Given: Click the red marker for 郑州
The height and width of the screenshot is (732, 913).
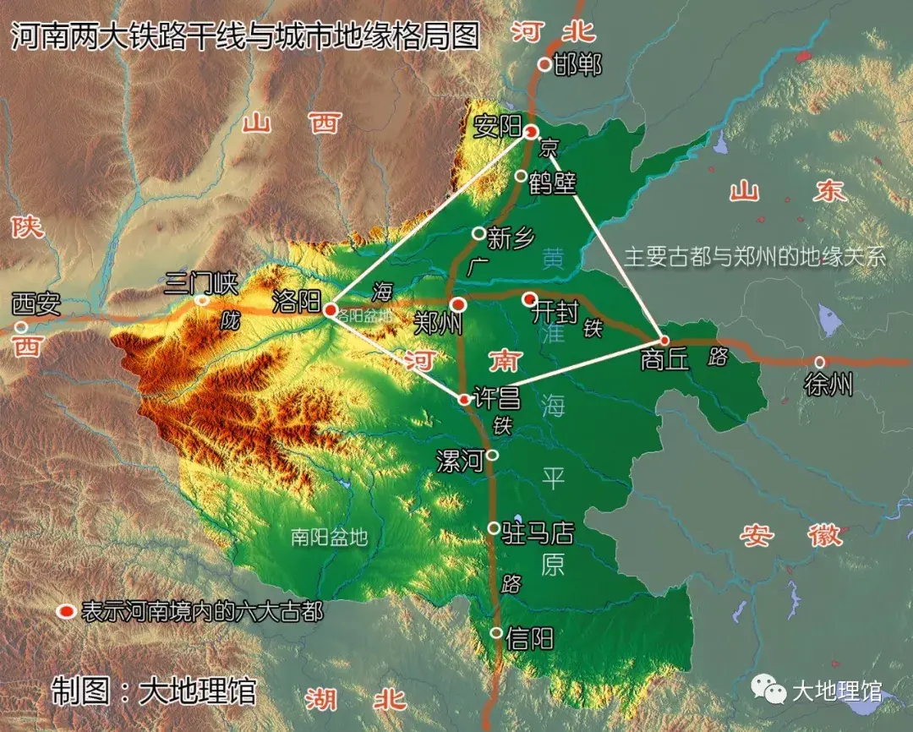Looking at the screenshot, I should pos(458,304).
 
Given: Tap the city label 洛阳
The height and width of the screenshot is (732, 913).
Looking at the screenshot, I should pos(294,302).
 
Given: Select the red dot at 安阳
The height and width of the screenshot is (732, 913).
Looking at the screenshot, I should pos(531,131).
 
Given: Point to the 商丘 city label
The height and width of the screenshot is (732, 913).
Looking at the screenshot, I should pos(665,361).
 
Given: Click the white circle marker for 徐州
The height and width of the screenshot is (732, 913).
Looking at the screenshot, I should pos(819,362).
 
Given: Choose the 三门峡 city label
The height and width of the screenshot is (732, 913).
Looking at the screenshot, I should pos(202,281).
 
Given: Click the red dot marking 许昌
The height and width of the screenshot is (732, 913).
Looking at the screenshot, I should pos(464,399).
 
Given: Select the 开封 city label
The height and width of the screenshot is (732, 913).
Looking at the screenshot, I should pos(555,314).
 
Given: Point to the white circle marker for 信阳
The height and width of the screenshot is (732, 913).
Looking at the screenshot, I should pos(496,633).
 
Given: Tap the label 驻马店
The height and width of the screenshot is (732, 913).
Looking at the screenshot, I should pos(539,533).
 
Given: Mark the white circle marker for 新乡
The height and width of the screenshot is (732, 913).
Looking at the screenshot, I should pos(478,232).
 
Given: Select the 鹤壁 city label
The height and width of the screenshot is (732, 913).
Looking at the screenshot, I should pos(552,183).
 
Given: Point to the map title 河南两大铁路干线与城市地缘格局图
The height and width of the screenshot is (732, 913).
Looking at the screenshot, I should pos(244,36).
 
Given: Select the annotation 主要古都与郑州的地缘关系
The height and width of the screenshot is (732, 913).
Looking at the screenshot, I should pos(754,257).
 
